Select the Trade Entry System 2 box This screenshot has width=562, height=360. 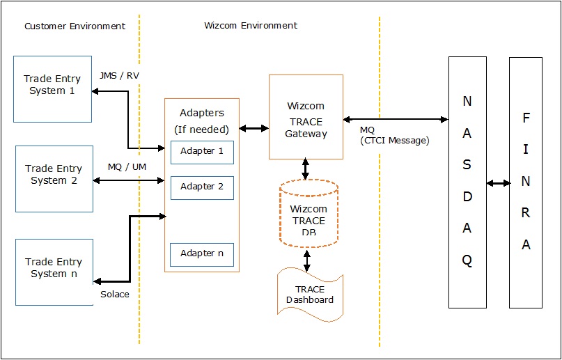tap(54, 178)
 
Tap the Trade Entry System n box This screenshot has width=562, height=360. tap(54, 272)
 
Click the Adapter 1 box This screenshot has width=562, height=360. tap(202, 152)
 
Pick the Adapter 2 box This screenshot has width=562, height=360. tap(202, 187)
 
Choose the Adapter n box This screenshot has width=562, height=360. tap(202, 254)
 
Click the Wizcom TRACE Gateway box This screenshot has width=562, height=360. tap(306, 116)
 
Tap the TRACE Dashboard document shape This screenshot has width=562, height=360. tap(310, 295)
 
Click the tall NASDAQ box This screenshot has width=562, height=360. tap(467, 182)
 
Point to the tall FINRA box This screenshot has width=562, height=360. tap(526, 182)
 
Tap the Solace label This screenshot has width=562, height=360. tap(115, 295)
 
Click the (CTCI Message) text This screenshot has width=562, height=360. tap(394, 141)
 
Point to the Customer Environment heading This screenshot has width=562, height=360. tap(75, 26)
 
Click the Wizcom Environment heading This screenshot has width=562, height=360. tap(251, 26)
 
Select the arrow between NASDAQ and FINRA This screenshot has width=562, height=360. tap(498, 183)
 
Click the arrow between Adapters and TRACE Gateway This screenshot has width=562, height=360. tap(253, 128)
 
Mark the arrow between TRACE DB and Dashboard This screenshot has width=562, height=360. tap(306, 259)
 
